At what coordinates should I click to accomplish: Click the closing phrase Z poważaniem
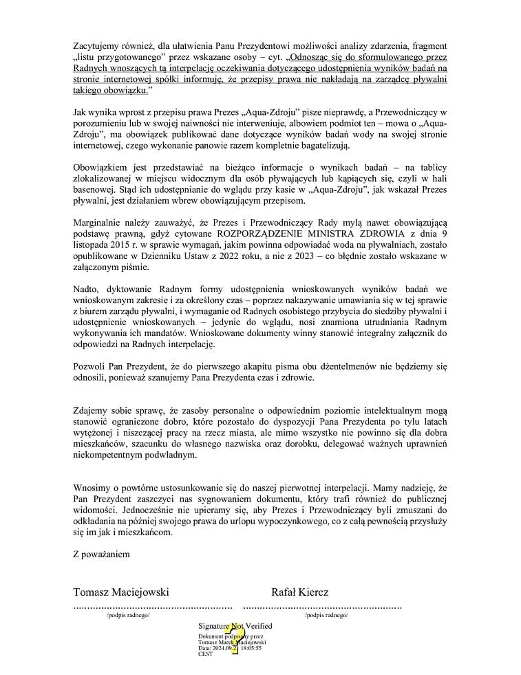click(x=101, y=554)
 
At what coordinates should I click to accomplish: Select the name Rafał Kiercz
click(x=299, y=592)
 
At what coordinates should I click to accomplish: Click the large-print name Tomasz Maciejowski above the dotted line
click(x=121, y=592)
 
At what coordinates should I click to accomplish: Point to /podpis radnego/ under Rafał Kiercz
click(x=326, y=616)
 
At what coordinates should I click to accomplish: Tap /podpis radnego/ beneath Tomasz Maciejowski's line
click(x=128, y=616)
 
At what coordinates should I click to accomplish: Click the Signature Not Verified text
click(x=235, y=626)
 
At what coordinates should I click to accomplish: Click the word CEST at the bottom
click(x=205, y=654)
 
